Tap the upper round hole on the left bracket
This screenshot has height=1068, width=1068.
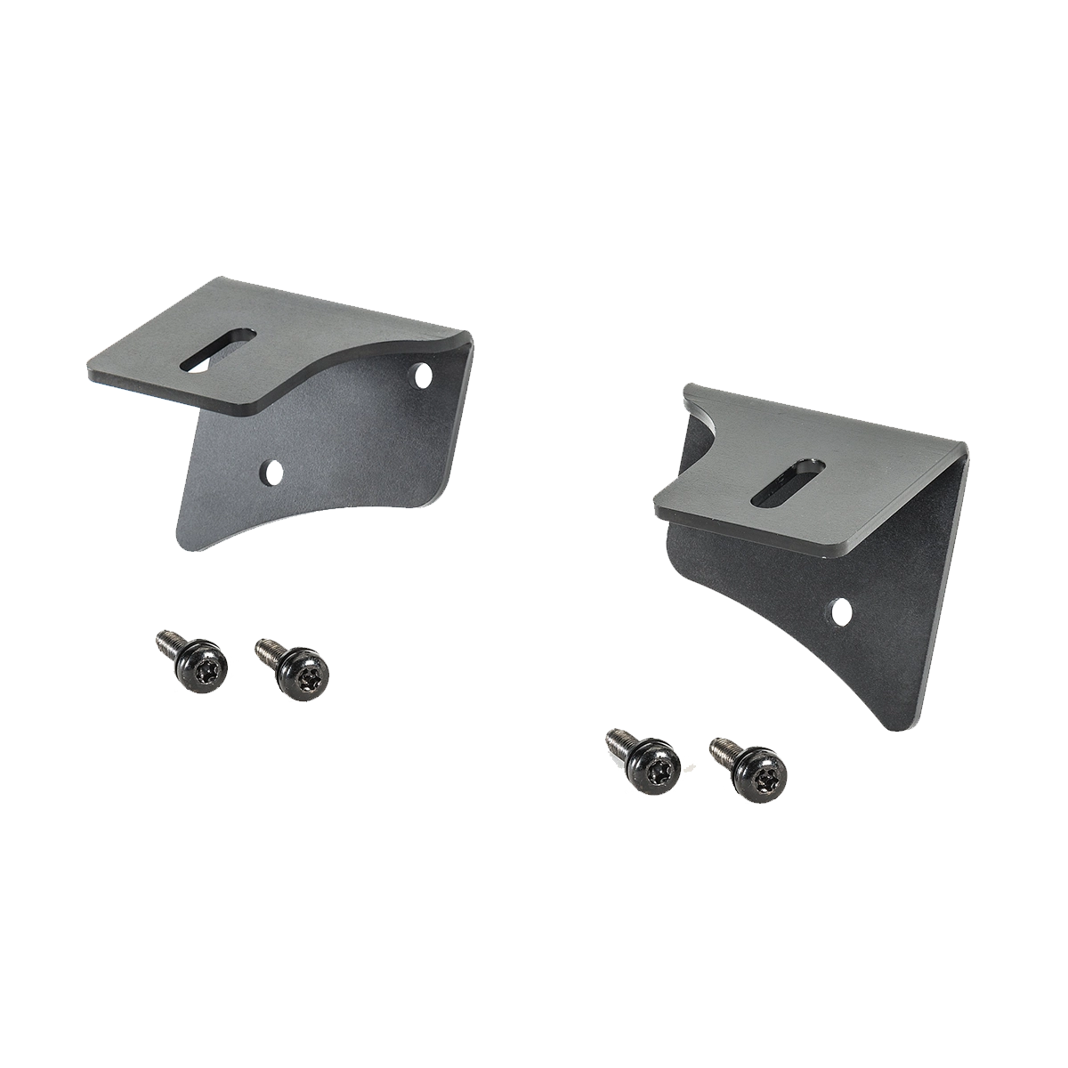click(x=421, y=375)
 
